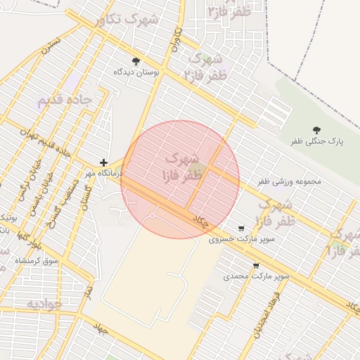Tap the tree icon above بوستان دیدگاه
(136, 61)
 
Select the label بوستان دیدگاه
(136, 72)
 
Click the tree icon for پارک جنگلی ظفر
(316, 130)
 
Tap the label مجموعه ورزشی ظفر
(289, 181)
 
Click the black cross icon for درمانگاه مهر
(104, 162)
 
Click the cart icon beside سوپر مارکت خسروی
(242, 229)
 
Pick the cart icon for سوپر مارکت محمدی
(256, 266)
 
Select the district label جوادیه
(44, 304)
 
